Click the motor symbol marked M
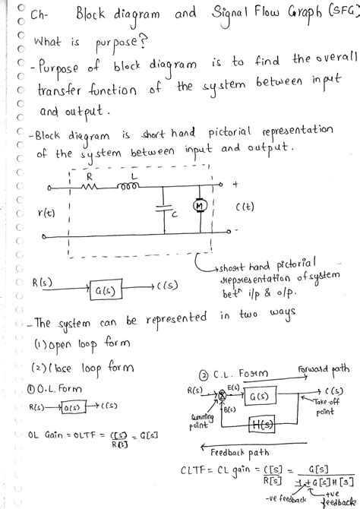click(x=200, y=206)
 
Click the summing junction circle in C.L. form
click(x=223, y=394)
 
